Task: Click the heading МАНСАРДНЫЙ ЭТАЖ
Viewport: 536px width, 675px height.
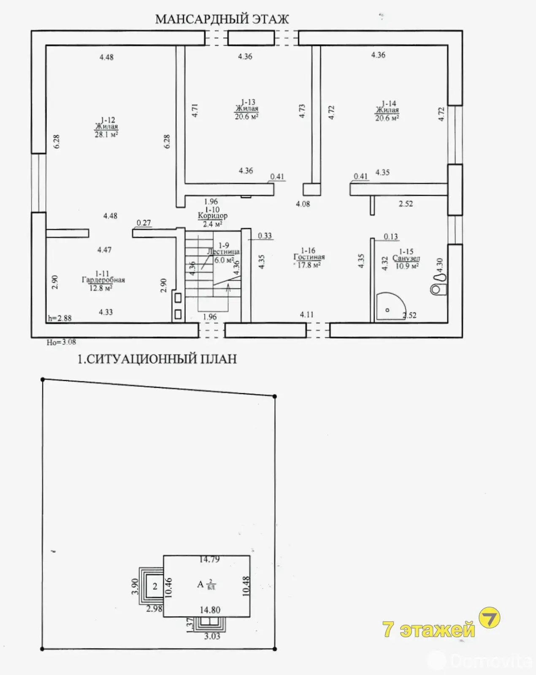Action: pyautogui.click(x=222, y=19)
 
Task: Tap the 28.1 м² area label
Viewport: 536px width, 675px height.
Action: pyautogui.click(x=106, y=135)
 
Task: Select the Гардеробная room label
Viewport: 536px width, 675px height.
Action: pyautogui.click(x=103, y=280)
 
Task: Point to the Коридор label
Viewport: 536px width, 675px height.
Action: pyautogui.click(x=213, y=216)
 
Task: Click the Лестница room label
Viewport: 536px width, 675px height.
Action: pyautogui.click(x=223, y=252)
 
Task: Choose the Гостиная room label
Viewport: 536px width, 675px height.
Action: pyautogui.click(x=309, y=257)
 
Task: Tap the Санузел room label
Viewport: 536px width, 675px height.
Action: pyautogui.click(x=406, y=258)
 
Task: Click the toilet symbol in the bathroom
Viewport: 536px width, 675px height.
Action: pyautogui.click(x=439, y=284)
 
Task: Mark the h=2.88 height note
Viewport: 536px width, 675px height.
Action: pyautogui.click(x=60, y=319)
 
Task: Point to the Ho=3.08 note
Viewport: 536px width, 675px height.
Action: pyautogui.click(x=61, y=342)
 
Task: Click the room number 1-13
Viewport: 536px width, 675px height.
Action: pyautogui.click(x=248, y=102)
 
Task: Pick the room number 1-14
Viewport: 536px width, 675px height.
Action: pyautogui.click(x=388, y=103)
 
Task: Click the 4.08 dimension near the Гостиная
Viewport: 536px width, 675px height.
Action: pyautogui.click(x=303, y=204)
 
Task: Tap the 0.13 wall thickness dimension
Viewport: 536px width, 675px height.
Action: pyautogui.click(x=391, y=237)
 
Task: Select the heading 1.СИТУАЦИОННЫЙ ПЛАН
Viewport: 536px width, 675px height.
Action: pyautogui.click(x=157, y=359)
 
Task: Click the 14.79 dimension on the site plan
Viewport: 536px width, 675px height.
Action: pyautogui.click(x=209, y=559)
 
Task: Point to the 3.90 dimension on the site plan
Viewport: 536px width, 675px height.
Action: pyautogui.click(x=135, y=586)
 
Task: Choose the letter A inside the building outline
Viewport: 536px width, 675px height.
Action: pyautogui.click(x=200, y=584)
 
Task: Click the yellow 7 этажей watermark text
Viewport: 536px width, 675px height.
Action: pyautogui.click(x=428, y=629)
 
